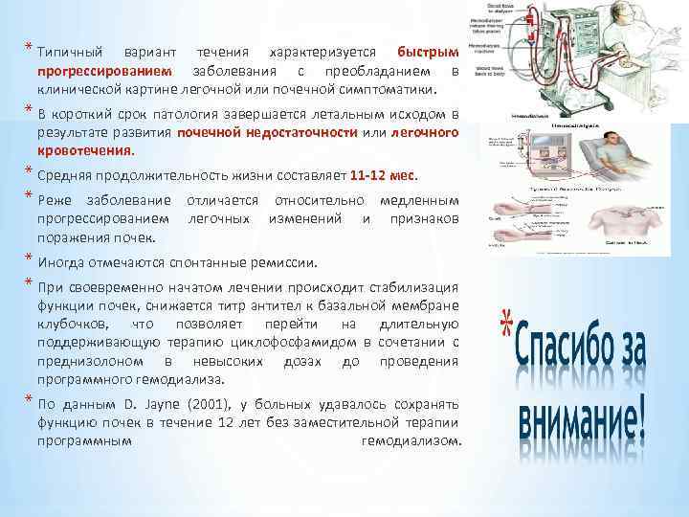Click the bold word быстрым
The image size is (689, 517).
[x=429, y=50]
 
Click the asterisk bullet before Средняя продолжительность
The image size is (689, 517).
[x=30, y=173]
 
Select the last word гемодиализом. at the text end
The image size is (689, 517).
[x=412, y=441]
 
